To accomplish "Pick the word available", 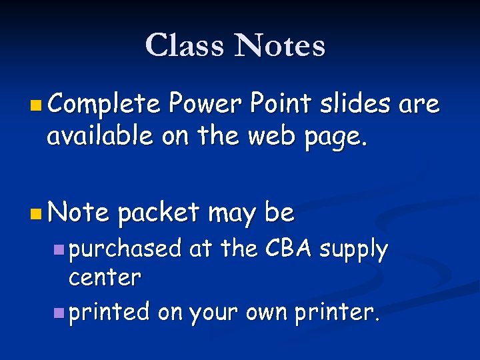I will (99, 136).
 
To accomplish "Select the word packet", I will (158, 213).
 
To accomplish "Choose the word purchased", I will (125, 249).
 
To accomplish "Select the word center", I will (105, 277).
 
